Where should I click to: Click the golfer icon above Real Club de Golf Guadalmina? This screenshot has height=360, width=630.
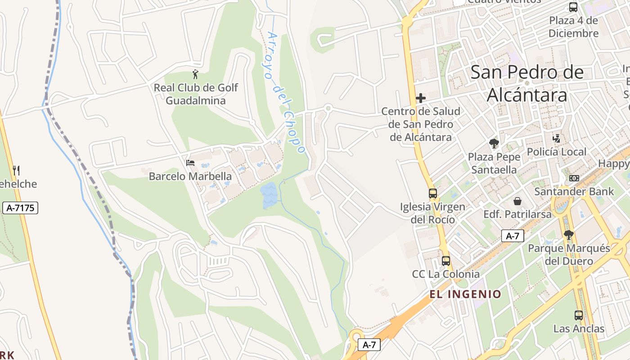(x=195, y=74)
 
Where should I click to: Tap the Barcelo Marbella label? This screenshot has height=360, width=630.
(x=190, y=176)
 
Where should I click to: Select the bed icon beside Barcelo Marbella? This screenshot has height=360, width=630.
(x=190, y=162)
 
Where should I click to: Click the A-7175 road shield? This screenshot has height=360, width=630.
(x=20, y=208)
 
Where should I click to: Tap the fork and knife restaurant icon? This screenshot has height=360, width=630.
(x=16, y=170)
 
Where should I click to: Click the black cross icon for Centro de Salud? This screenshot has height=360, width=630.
(x=421, y=98)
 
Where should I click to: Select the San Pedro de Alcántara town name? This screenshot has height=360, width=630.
(x=527, y=84)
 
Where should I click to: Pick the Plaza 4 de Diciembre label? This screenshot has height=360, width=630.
(x=573, y=27)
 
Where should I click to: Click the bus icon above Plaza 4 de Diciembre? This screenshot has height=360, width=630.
(x=573, y=7)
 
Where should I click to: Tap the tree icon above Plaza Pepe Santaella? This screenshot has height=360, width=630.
(x=494, y=144)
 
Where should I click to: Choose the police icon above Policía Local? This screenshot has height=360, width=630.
(x=557, y=139)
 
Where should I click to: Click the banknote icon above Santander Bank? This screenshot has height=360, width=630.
(x=574, y=178)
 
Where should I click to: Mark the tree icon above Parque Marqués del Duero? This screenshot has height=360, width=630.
(x=569, y=234)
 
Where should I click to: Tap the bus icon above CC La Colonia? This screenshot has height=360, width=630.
(x=445, y=261)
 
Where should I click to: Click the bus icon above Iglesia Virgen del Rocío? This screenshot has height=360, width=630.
(x=432, y=193)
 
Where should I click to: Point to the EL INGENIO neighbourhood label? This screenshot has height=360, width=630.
(x=465, y=294)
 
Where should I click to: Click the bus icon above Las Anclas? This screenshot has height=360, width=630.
(x=579, y=315)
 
